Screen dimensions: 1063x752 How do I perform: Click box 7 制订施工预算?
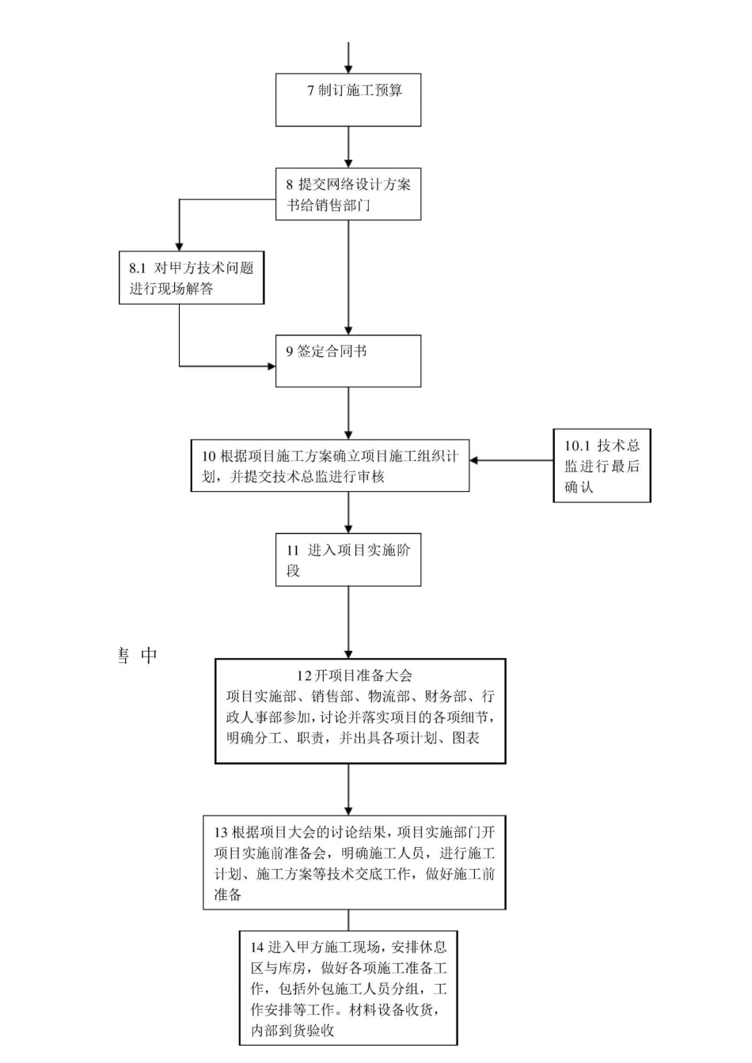coord(348,100)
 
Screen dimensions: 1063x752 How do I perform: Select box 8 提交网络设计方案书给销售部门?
coord(348,194)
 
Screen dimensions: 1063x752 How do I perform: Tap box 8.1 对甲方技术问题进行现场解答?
coord(191,278)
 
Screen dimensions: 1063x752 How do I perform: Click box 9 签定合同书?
coord(348,361)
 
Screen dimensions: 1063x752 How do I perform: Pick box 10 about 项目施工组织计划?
coord(329,466)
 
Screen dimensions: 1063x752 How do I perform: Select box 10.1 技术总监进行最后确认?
coord(602,466)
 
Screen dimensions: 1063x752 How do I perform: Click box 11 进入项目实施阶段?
coord(348,560)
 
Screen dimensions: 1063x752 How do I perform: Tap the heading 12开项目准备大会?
coord(355,675)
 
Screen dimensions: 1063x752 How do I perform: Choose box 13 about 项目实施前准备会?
coord(354,863)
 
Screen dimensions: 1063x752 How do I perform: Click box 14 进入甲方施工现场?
coord(348,988)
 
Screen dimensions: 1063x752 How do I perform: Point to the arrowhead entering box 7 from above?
coord(348,69)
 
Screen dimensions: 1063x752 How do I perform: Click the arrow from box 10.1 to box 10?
coord(511,460)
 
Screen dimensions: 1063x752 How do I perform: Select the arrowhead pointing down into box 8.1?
coord(180,245)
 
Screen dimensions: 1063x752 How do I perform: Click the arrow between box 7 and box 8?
coord(348,147)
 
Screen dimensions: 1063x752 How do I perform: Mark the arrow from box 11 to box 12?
coord(348,622)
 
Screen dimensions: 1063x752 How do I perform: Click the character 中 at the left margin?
coord(149,655)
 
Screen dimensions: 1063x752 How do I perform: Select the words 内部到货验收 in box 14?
coord(292,1031)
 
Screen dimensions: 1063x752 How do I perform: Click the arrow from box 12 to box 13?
coord(348,789)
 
